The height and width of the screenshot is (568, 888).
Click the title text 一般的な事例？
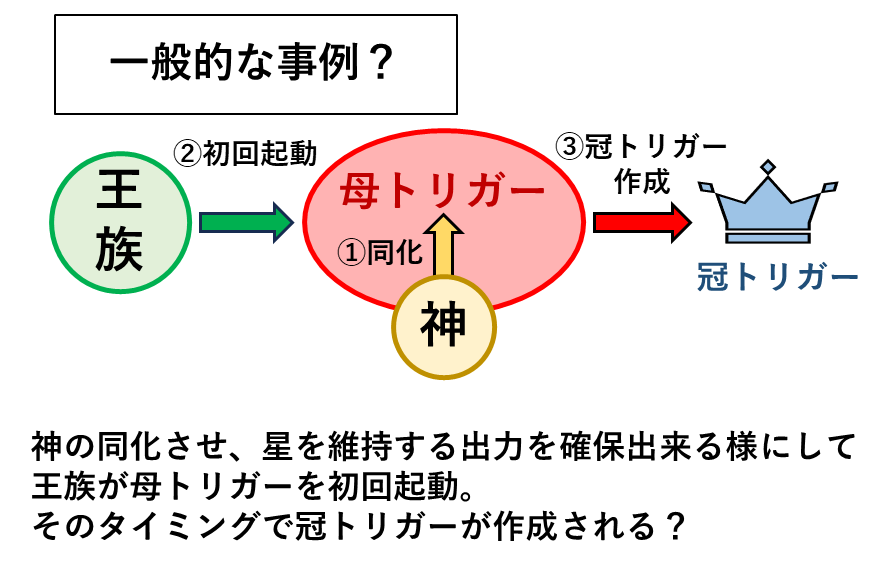[251, 62]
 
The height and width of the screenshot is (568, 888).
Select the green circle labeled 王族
[121, 223]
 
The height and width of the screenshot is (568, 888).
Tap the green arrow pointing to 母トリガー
[247, 223]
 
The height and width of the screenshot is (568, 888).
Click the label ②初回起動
[245, 153]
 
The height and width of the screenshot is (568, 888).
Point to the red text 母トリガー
[442, 191]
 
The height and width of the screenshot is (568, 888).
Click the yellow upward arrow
[443, 245]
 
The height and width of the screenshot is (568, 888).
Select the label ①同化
[380, 253]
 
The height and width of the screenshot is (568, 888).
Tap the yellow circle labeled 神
[444, 327]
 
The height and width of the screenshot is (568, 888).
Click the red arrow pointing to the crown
[642, 223]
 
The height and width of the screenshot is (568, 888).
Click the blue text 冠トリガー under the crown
[778, 277]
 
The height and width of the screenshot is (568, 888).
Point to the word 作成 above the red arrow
[642, 181]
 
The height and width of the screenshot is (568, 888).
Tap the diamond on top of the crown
[767, 166]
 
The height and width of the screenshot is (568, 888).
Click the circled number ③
[570, 147]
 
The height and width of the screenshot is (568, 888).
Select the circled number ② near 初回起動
[187, 154]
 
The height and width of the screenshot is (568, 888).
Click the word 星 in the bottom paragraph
[277, 446]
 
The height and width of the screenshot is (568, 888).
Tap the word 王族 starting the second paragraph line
[63, 486]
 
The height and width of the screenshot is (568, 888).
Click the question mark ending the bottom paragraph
[674, 526]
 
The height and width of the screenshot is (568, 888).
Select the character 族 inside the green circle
[119, 250]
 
